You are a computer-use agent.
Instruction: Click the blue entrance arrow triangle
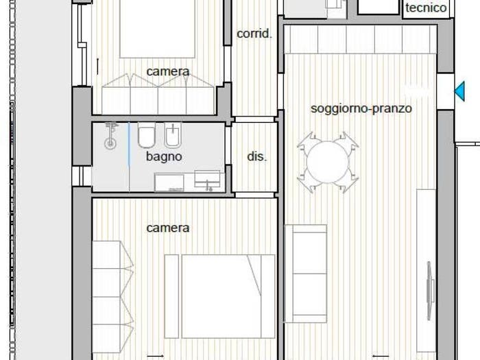pyautogui.click(x=460, y=91)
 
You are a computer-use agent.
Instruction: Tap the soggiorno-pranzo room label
pyautogui.click(x=361, y=108)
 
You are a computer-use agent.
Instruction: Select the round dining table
pyautogui.click(x=328, y=162)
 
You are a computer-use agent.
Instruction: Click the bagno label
pyautogui.click(x=164, y=156)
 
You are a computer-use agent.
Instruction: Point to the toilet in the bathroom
pyautogui.click(x=147, y=135)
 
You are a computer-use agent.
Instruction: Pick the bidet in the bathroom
pyautogui.click(x=173, y=135)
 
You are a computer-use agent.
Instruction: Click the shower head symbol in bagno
pyautogui.click(x=110, y=136)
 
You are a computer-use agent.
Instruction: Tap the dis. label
pyautogui.click(x=256, y=156)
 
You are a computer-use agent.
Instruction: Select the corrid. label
pyautogui.click(x=254, y=34)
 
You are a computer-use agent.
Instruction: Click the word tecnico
pyautogui.click(x=426, y=8)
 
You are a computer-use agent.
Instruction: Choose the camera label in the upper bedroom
pyautogui.click(x=168, y=71)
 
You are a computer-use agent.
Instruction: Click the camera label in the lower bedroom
pyautogui.click(x=168, y=228)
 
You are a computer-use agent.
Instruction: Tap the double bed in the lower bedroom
pyautogui.click(x=220, y=296)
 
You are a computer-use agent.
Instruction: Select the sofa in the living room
pyautogui.click(x=306, y=274)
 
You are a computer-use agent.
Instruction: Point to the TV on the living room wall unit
pyautogui.click(x=430, y=291)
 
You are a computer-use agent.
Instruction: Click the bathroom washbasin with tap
pyautogui.click(x=207, y=180)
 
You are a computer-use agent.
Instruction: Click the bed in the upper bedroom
pyautogui.click(x=157, y=29)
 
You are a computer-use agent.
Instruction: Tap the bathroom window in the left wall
pyautogui.click(x=82, y=176)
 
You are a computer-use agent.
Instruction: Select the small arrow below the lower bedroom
pyautogui.click(x=155, y=356)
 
